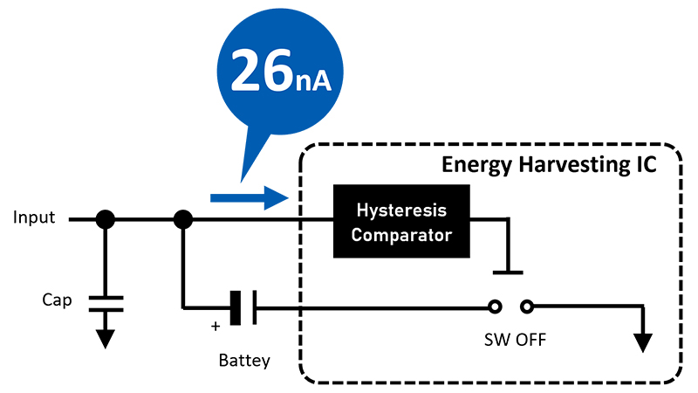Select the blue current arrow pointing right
[249, 198]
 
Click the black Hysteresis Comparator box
[400, 221]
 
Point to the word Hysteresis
[400, 210]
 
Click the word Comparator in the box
[400, 233]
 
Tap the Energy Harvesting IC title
[548, 164]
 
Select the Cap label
[56, 301]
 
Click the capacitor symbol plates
[105, 303]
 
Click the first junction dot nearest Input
[105, 219]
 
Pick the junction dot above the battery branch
[183, 219]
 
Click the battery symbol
[243, 307]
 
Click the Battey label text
[244, 359]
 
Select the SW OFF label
[517, 340]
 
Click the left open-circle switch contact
[495, 307]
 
